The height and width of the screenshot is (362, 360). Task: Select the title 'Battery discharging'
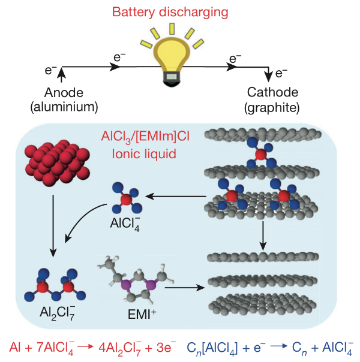click(173, 11)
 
